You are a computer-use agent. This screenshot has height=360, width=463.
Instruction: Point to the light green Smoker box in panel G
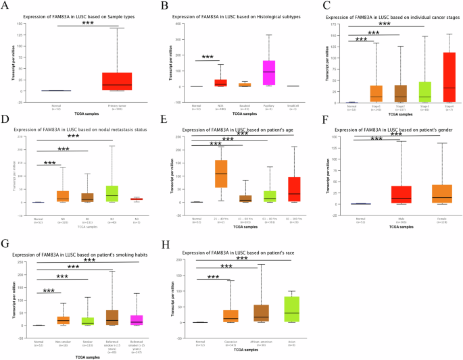pos(88,321)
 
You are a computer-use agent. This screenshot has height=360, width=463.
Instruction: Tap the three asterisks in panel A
pos(88,23)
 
